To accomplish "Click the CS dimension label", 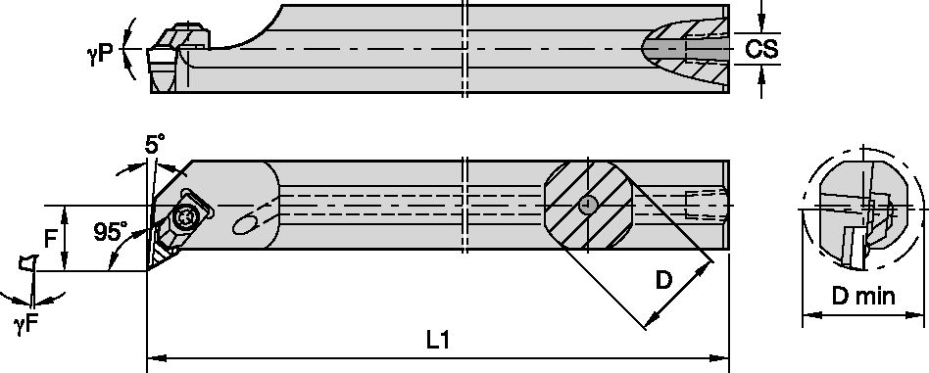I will click(x=762, y=49).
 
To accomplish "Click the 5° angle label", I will click(x=155, y=144).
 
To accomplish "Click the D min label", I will click(x=861, y=296).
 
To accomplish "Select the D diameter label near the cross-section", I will click(x=663, y=282).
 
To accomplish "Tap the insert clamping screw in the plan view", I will click(x=185, y=218).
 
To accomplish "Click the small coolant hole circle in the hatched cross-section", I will click(x=586, y=205).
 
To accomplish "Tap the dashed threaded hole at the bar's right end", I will click(x=705, y=204).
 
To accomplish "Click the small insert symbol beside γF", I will click(x=26, y=264).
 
